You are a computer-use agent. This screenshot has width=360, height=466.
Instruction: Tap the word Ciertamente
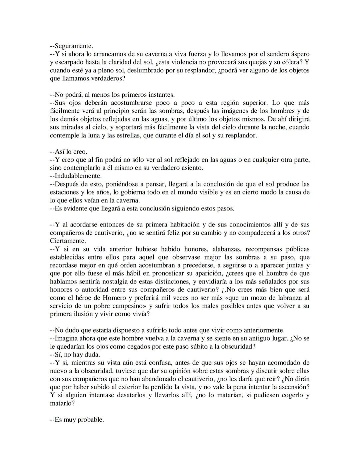click(68, 241)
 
